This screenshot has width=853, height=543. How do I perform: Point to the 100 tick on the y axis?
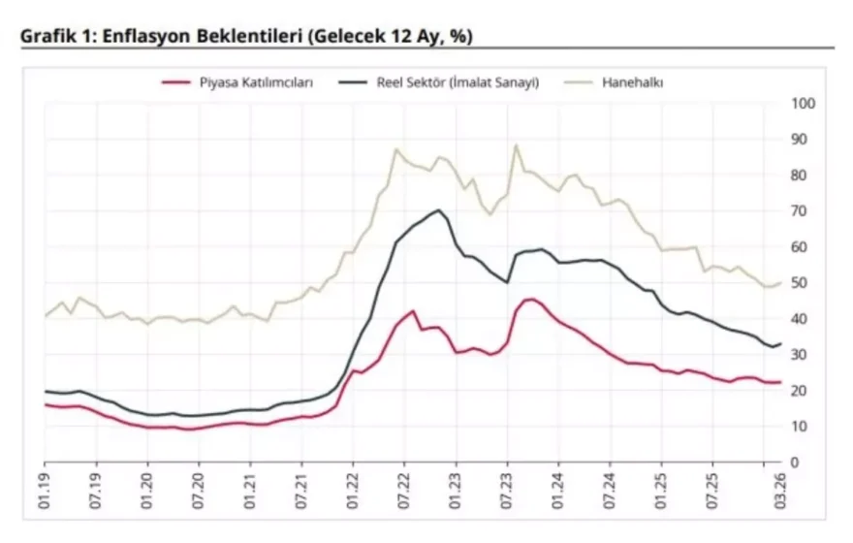(804, 104)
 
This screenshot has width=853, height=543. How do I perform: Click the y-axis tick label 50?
(801, 283)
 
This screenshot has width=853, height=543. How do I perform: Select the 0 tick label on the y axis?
(797, 463)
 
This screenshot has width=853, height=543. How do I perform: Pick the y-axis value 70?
(801, 211)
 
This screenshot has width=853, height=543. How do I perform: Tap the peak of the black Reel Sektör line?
(439, 210)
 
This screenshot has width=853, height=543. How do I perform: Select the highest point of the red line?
(531, 299)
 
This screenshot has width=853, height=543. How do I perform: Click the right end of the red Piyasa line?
(781, 382)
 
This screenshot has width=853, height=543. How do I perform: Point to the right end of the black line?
(781, 344)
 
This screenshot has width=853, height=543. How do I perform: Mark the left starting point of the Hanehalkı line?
(45, 316)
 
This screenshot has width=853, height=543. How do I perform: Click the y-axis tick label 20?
(801, 391)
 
